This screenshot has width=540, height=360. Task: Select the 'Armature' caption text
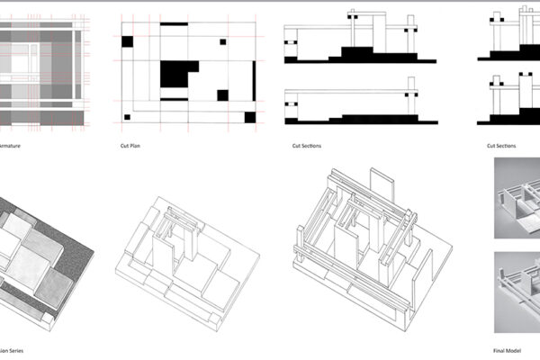(10, 145)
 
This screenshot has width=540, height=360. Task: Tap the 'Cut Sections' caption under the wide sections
(307, 145)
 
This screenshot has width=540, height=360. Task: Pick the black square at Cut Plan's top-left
(127, 40)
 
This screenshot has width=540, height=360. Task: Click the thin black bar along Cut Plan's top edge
(174, 23)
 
